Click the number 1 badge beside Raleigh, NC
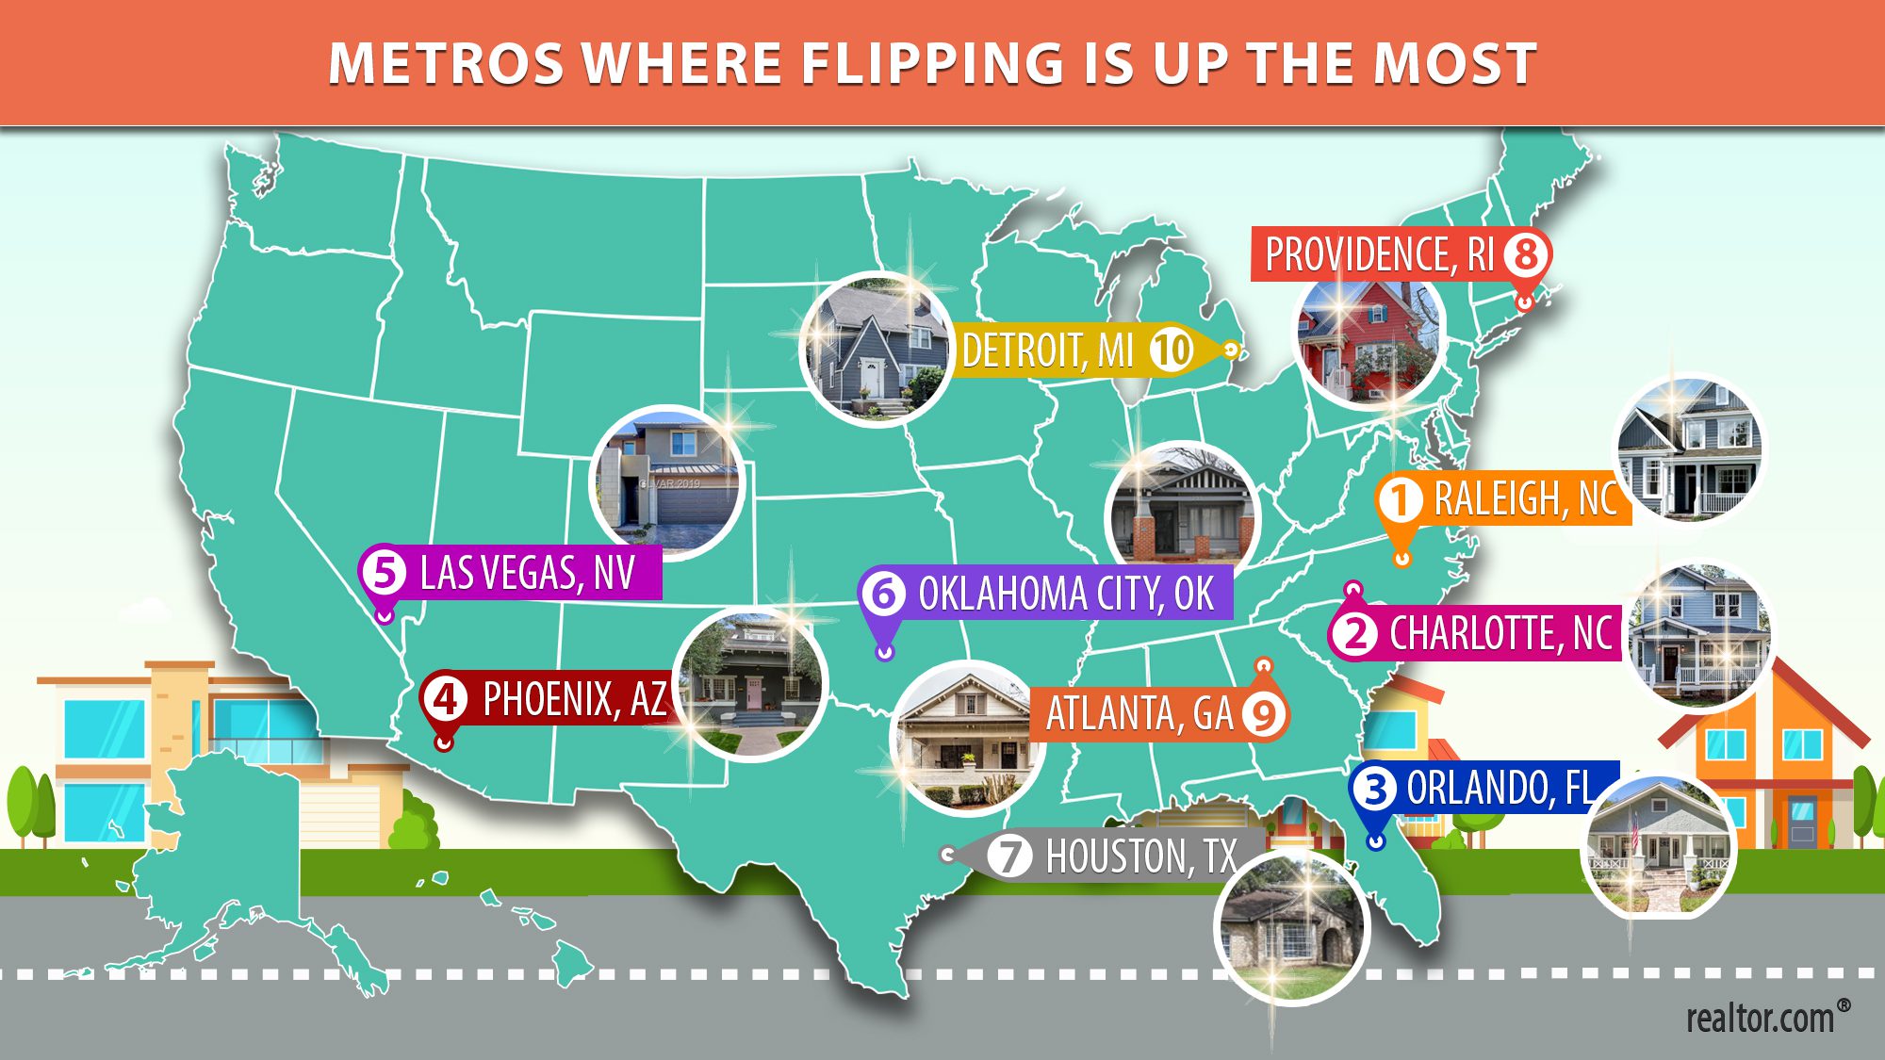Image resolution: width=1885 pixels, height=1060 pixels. coord(1401,499)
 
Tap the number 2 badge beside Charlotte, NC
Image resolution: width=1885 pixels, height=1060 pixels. coord(1355,633)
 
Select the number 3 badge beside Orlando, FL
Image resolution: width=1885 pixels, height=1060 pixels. coord(1375,789)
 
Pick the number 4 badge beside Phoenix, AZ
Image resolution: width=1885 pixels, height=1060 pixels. coord(445,699)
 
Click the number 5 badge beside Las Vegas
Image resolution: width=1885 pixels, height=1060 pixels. coord(385,572)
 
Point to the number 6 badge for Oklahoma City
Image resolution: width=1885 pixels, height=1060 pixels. coord(884,594)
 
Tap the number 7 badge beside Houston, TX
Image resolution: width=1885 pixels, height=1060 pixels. coord(1009,856)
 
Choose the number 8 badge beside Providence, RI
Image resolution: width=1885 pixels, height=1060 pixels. coord(1526,253)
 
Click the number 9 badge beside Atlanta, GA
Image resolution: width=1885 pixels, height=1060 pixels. coord(1263,714)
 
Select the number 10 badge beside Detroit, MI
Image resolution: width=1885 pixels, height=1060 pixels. coord(1172,351)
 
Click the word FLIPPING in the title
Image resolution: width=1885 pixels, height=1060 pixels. coord(931,64)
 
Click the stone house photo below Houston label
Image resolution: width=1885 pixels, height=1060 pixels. coord(1291,927)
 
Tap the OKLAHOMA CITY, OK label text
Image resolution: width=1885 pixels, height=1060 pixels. coord(1065,594)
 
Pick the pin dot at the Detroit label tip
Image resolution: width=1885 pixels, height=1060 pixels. coord(1231,351)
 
